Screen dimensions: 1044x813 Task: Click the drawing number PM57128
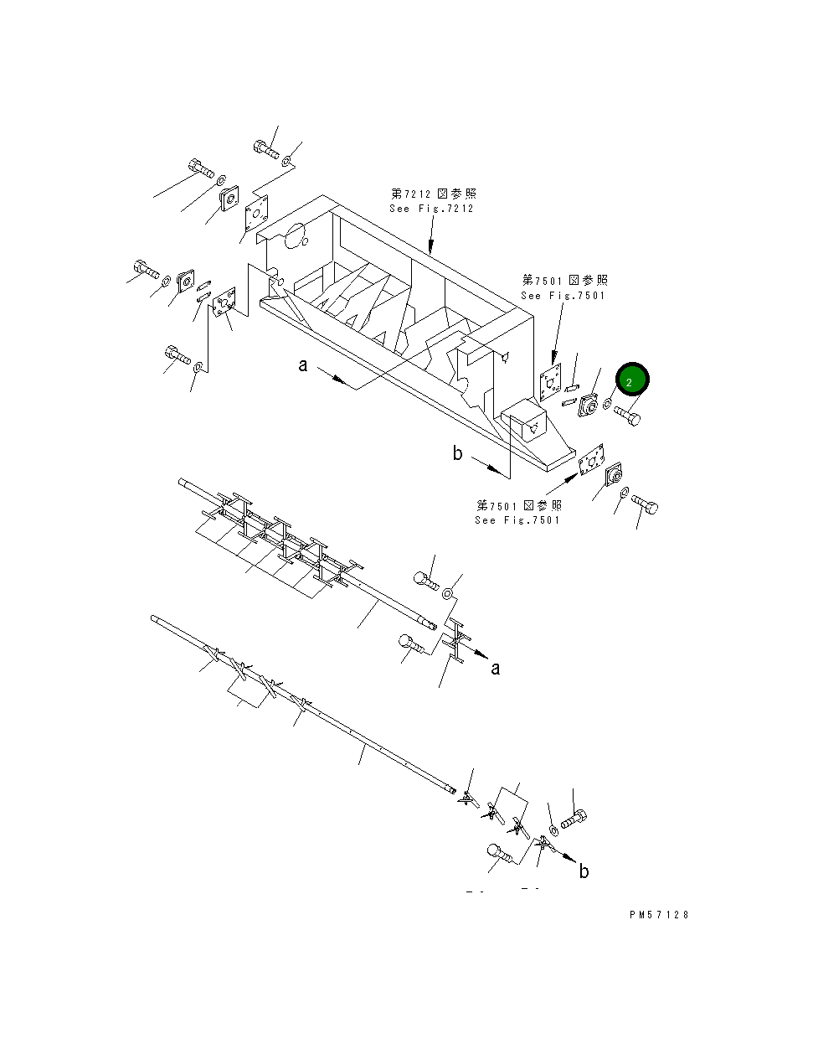(x=659, y=916)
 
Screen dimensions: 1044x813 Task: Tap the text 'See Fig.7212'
(x=431, y=209)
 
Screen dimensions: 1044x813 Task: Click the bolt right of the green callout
(x=627, y=414)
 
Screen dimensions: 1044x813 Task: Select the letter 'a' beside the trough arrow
(x=303, y=365)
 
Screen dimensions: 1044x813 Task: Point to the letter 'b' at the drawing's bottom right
(x=584, y=871)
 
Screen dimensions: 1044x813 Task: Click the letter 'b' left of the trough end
(x=457, y=453)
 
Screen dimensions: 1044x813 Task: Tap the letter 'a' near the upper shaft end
(x=496, y=668)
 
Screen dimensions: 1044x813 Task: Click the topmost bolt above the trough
(x=265, y=149)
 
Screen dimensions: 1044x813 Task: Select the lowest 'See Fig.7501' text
(x=518, y=520)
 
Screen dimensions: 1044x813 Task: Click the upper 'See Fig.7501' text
(x=563, y=296)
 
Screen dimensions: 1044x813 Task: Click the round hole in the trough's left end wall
(x=294, y=237)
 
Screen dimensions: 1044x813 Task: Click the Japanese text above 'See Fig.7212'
(x=433, y=194)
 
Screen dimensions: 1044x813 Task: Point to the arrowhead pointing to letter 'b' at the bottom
(x=568, y=857)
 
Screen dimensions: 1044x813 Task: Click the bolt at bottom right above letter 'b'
(x=574, y=819)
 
